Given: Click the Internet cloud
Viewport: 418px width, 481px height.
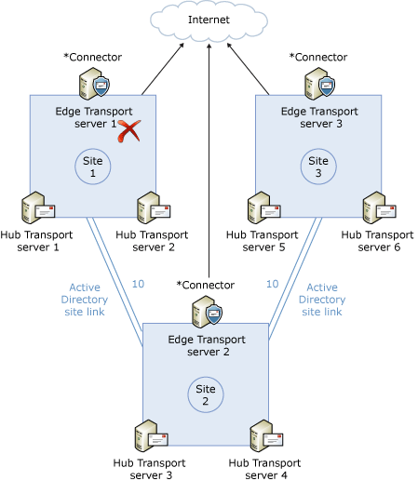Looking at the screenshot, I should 209,19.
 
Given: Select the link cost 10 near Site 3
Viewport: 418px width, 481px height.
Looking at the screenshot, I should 272,284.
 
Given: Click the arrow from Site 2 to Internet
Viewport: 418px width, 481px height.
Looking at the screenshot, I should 209,167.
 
